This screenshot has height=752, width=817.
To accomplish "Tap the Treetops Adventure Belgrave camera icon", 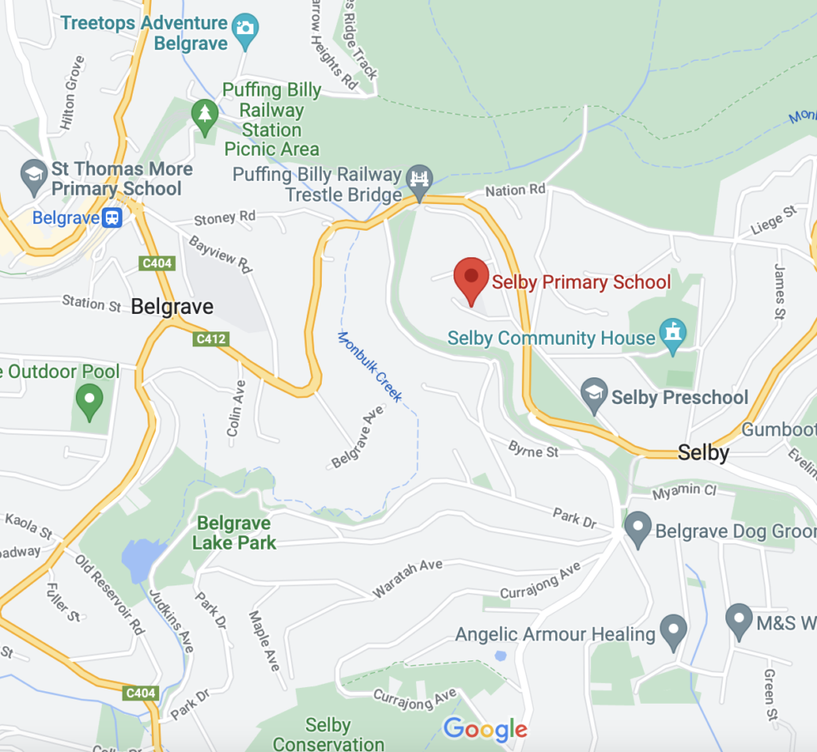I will (x=244, y=27).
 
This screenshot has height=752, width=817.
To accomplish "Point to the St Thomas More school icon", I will (x=34, y=176).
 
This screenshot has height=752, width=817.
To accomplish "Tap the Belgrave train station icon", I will (x=112, y=218).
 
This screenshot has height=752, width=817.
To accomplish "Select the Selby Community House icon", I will (x=671, y=334).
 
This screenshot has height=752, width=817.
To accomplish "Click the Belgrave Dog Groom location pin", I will (x=638, y=527).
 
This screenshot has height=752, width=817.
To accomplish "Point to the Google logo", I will (x=485, y=730).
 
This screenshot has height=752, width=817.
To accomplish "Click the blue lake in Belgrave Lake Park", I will (x=137, y=559).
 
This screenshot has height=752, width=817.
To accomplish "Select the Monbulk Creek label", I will (x=369, y=367).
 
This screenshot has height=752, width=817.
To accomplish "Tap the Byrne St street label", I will (x=534, y=450).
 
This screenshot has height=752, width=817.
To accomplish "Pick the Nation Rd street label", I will (x=515, y=191).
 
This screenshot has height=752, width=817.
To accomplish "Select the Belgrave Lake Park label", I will (x=233, y=533).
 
